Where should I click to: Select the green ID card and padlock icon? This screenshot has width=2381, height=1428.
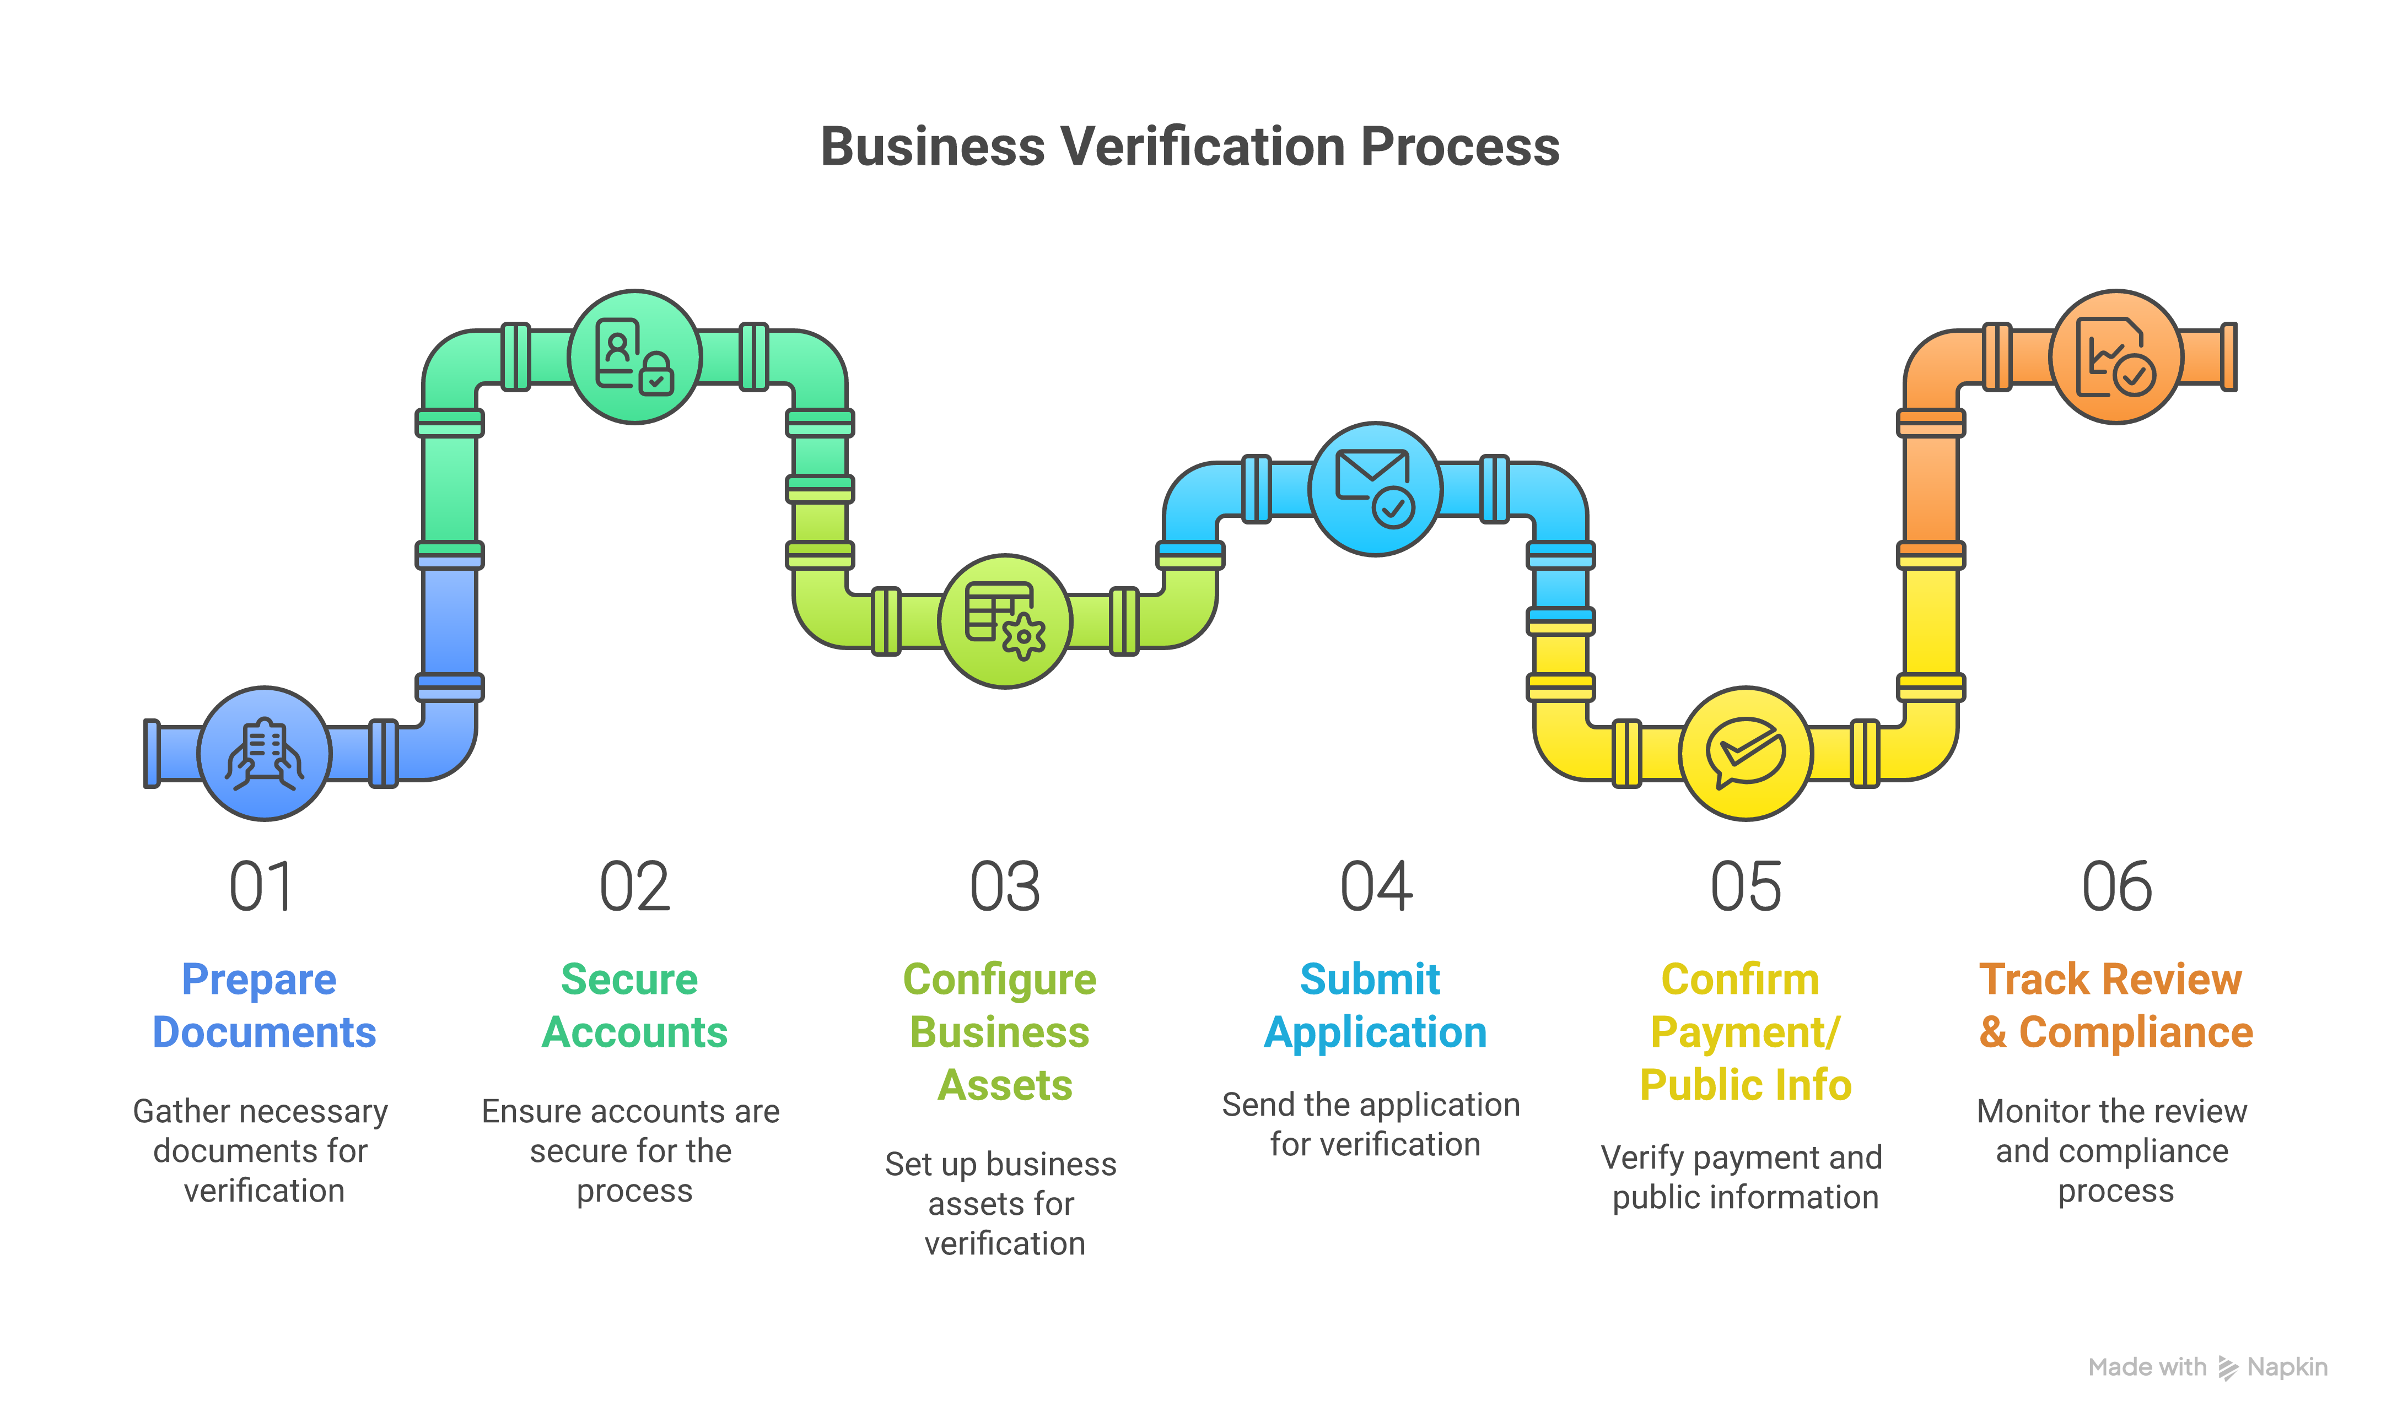(634, 357)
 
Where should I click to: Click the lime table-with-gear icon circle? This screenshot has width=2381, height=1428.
(1005, 621)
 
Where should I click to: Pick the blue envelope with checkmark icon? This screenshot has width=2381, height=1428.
(1375, 489)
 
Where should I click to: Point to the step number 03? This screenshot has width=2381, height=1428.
(1005, 886)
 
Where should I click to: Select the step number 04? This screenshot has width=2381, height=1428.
(1375, 886)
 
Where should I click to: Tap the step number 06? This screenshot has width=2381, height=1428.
(2116, 886)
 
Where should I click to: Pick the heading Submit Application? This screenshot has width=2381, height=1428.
(1375, 1005)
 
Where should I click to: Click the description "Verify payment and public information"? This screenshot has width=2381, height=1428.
(1743, 1177)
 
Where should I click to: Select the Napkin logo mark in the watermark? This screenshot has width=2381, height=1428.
(2227, 1367)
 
